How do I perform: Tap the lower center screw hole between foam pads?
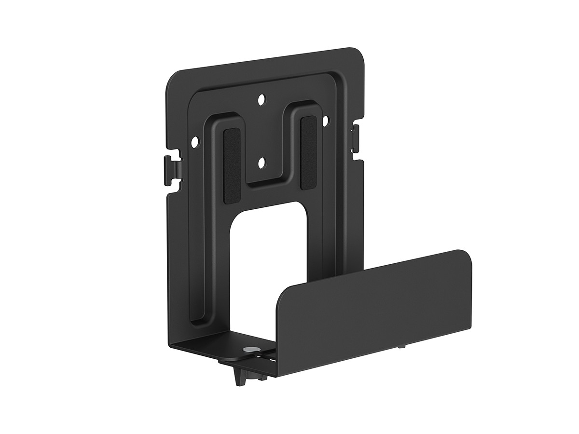click(262, 163)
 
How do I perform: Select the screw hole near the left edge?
click(195, 142)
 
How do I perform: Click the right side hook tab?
click(356, 137)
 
